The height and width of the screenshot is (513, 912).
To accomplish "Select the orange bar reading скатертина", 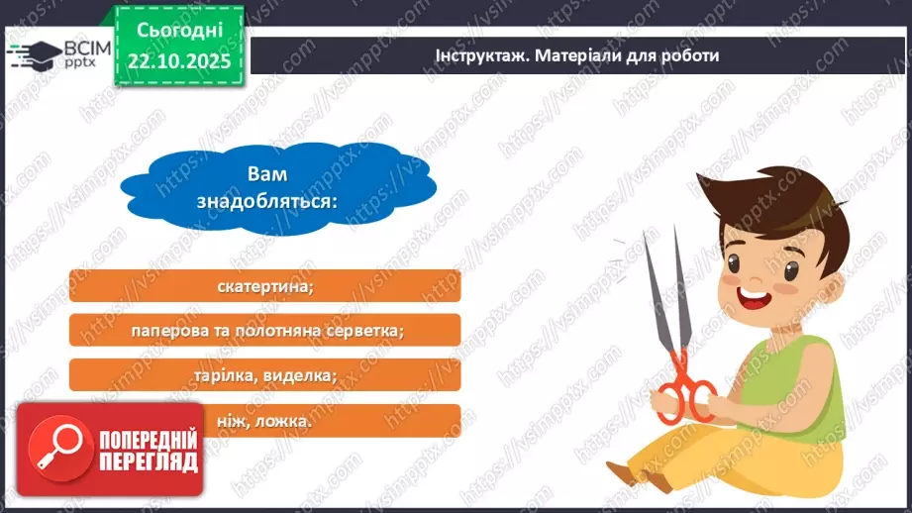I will coord(264,286).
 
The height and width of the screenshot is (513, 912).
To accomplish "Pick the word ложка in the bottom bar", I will coord(288,420).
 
